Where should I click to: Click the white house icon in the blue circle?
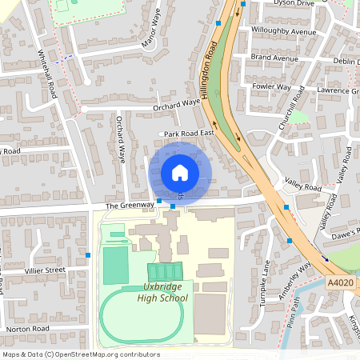(x=180, y=172)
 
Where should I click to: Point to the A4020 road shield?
(x=339, y=282)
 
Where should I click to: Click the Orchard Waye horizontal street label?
(x=176, y=103)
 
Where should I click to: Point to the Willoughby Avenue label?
(x=279, y=31)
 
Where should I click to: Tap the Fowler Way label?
(x=270, y=86)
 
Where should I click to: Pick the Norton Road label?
(x=28, y=329)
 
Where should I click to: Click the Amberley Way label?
(x=303, y=279)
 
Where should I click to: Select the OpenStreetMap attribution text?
(x=70, y=354)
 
